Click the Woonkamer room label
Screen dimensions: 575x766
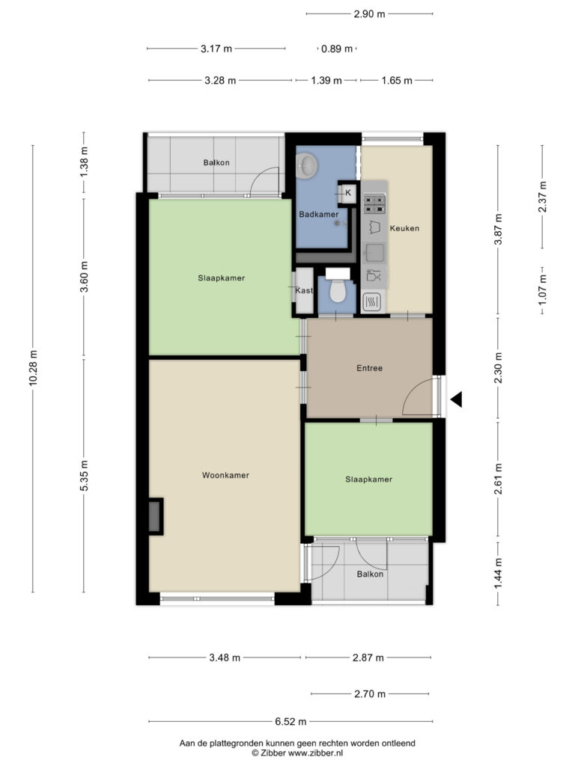225,475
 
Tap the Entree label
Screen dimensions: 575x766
369,368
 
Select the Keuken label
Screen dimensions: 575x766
404,228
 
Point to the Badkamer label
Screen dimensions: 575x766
319,214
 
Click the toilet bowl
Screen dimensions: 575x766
338,291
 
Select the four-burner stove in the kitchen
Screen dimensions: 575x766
374,203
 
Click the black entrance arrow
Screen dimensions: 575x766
456,399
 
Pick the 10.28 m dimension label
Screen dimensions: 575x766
33,368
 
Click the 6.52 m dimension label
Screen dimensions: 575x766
290,722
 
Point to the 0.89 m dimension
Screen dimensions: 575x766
337,49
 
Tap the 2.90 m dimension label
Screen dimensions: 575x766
370,14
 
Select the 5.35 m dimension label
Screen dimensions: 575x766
84,475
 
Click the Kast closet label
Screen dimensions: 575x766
304,291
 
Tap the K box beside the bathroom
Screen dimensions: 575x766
348,192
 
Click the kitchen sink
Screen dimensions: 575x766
374,253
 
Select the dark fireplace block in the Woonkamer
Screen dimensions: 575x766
156,516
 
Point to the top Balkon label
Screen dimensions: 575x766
216,162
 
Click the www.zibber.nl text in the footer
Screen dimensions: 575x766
315,753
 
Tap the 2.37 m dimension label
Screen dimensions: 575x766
543,197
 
